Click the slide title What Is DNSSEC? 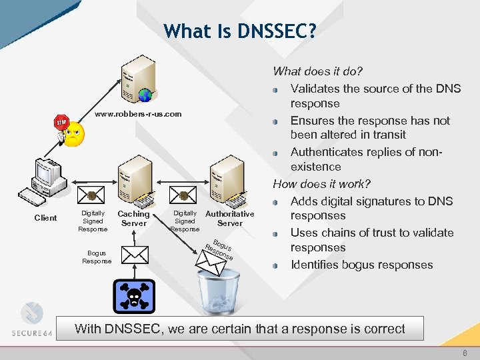click(240, 31)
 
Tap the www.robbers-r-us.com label click(138, 114)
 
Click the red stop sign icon click(61, 124)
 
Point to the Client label click(45, 218)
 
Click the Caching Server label click(133, 219)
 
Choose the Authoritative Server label click(229, 218)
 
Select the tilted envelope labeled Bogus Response click(213, 261)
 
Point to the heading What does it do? click(318, 71)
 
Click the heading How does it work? click(321, 183)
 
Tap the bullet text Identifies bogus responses click(361, 265)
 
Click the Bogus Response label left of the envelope click(97, 257)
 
